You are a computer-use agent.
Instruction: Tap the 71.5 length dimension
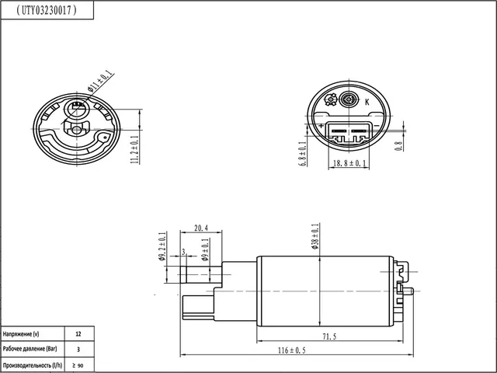[329, 336]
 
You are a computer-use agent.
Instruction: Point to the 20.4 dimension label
[201, 228]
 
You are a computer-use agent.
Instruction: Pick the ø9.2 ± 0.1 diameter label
[162, 247]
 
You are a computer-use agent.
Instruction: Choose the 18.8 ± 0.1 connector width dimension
[349, 164]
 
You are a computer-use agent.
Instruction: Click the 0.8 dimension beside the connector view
[398, 143]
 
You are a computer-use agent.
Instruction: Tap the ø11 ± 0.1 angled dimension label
[101, 82]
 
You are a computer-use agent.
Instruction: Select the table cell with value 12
[78, 333]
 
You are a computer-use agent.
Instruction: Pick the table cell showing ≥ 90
[78, 365]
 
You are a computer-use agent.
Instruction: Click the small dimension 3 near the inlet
[182, 253]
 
